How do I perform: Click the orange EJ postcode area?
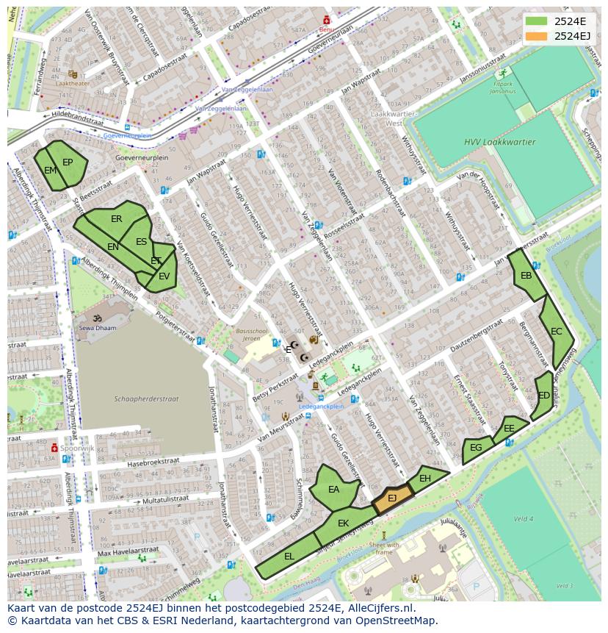tap(392, 498)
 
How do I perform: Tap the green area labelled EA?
tap(334, 489)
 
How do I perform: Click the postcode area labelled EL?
tap(289, 557)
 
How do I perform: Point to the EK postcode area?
tap(343, 523)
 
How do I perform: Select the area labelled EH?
tap(425, 479)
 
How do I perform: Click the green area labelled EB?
tap(526, 276)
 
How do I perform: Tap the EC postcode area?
tap(556, 332)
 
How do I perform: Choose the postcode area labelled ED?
tap(543, 396)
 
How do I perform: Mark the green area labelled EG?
tap(476, 448)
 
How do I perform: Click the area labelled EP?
tap(68, 162)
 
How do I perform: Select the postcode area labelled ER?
tap(117, 219)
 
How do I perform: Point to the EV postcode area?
tap(164, 276)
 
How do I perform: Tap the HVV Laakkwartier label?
tap(499, 143)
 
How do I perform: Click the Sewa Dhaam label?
tap(98, 329)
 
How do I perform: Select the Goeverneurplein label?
tap(142, 157)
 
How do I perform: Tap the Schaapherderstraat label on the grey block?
tap(146, 399)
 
